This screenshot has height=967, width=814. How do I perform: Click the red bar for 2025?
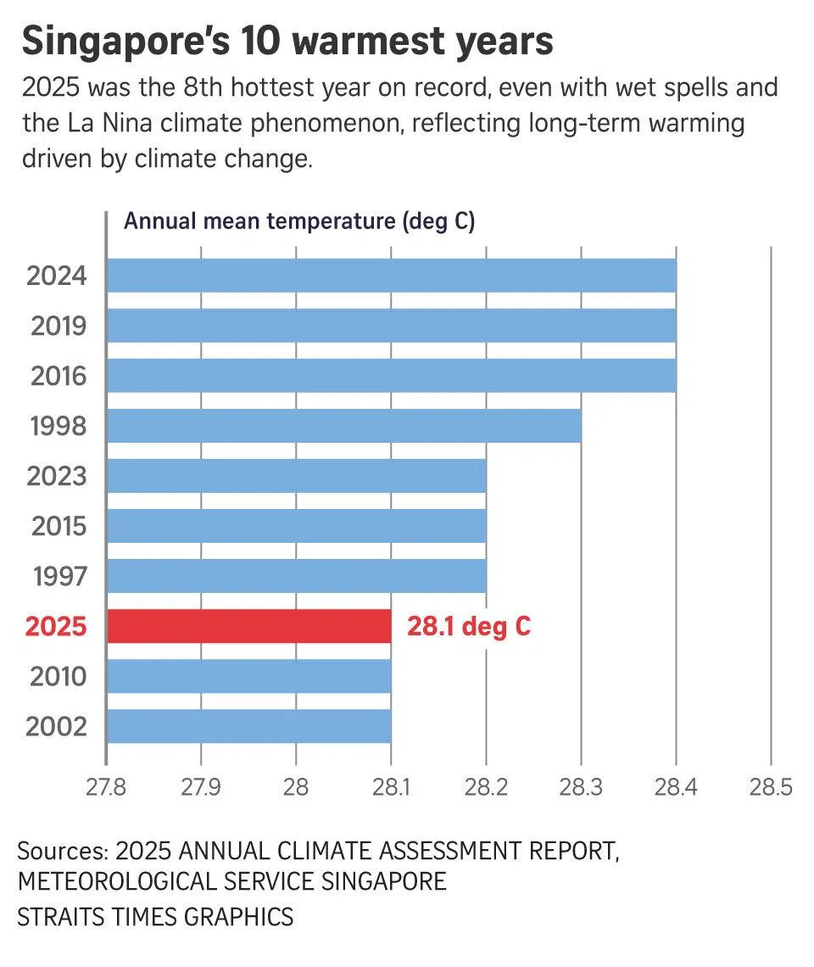pyautogui.click(x=248, y=626)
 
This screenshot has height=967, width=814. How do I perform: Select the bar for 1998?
pyautogui.click(x=343, y=426)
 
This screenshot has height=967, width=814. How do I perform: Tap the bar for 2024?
pyautogui.click(x=391, y=276)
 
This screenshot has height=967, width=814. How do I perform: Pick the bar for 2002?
pyautogui.click(x=248, y=726)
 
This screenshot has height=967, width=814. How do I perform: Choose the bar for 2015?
pyautogui.click(x=296, y=526)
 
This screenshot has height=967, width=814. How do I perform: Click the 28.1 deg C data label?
pyautogui.click(x=469, y=627)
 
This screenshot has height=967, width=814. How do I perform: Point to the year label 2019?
pyautogui.click(x=59, y=326)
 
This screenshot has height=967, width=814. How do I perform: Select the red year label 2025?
pyautogui.click(x=57, y=627)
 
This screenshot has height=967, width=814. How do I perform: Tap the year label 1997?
pyautogui.click(x=59, y=577)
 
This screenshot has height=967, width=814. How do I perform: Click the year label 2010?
pyautogui.click(x=58, y=677)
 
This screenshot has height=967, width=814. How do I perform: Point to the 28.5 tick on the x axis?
pyautogui.click(x=770, y=787)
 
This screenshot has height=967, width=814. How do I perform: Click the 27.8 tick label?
pyautogui.click(x=106, y=787)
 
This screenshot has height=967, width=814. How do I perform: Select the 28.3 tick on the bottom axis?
pyautogui.click(x=581, y=787)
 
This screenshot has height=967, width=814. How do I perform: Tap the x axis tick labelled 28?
pyautogui.click(x=296, y=787)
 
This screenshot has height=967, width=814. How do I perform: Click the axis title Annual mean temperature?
pyautogui.click(x=298, y=222)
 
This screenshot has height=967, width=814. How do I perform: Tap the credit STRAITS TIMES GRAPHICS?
pyautogui.click(x=155, y=917)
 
